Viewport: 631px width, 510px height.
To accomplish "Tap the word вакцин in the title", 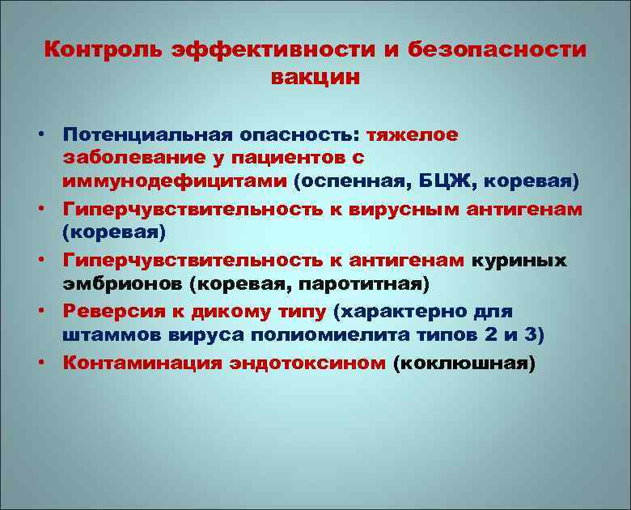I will point(315,79).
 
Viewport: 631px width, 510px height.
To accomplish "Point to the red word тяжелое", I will point(413,134).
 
